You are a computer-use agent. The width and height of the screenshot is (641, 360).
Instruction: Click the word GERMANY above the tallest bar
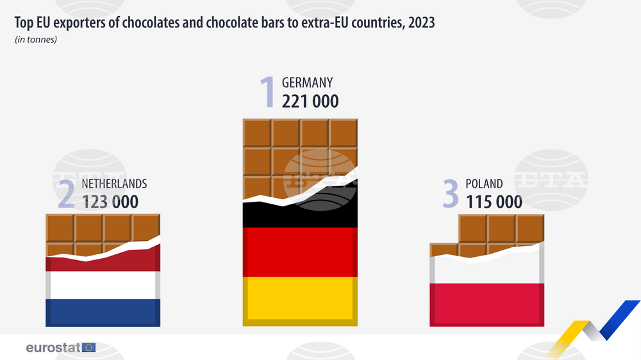307,83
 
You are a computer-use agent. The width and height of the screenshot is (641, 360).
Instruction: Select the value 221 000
310,101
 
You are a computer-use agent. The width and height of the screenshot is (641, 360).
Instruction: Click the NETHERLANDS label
114,184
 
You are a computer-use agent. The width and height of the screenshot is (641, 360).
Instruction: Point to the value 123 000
110,201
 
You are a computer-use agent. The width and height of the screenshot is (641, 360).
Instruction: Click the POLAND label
484,184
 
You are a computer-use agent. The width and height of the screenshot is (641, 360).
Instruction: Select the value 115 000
494,202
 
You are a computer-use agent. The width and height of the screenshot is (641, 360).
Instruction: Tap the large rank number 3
451,195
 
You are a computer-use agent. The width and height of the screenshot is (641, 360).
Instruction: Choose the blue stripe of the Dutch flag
103,312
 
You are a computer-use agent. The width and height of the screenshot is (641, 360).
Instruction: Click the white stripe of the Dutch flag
103,285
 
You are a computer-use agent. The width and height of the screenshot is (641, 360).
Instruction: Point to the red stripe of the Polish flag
487,305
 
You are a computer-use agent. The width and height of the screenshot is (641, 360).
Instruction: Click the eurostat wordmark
53,348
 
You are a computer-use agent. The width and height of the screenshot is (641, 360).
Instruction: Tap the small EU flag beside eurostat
88,348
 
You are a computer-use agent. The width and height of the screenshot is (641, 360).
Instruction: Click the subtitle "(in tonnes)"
36,40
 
